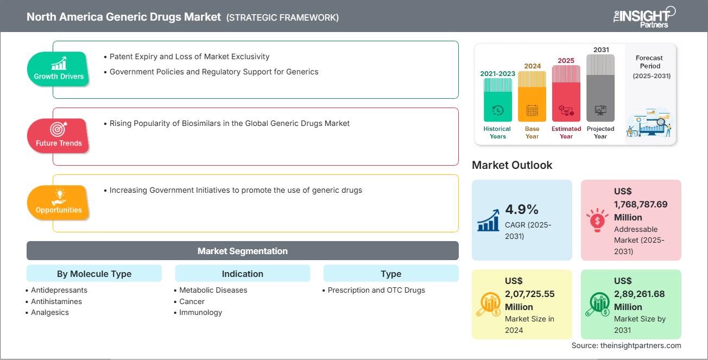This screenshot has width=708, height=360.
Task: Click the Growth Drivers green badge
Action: pos(59,69)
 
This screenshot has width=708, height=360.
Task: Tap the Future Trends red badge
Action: pos(59,136)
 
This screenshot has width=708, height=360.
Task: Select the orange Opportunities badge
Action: pos(59,203)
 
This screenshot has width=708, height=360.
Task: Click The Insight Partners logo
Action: pos(644,16)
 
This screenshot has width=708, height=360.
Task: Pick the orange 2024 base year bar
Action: pos(532,96)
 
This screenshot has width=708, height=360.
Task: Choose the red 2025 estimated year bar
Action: pos(566,93)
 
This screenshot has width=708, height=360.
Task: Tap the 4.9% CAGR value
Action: pos(522,210)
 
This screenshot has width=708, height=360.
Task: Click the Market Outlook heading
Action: pos(512,165)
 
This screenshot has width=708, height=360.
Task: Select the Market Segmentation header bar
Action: pos(242,251)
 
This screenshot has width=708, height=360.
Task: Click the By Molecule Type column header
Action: pos(94,274)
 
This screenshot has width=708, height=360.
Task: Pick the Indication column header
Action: pos(242,274)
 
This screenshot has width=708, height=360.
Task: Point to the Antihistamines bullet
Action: pos(56,301)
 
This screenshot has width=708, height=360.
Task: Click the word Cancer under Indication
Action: pos(192,301)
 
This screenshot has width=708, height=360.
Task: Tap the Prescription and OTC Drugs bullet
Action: pos(376,290)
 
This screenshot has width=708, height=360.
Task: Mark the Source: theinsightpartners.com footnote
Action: pos(626,345)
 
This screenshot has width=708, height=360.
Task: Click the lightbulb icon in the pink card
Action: pos(597,220)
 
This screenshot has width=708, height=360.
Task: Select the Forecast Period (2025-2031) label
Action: pos(650,67)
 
